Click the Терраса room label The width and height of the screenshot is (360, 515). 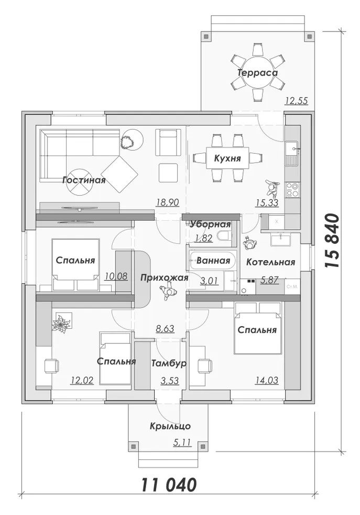click(258, 72)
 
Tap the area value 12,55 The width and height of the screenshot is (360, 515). click(297, 101)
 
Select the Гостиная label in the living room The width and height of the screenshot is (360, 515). click(84, 180)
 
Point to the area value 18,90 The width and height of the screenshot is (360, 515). click(167, 202)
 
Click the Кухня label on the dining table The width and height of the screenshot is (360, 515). click(227, 158)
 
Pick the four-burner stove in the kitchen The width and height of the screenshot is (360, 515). click(292, 189)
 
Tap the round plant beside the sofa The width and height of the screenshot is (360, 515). click(132, 140)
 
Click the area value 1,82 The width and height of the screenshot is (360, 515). click(204, 238)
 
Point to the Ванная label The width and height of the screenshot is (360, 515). click(213, 261)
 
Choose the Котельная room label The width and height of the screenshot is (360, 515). click(270, 262)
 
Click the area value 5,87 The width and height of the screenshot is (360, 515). click(269, 281)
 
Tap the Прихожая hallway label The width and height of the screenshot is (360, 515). click(165, 278)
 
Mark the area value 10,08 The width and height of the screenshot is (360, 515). click(116, 276)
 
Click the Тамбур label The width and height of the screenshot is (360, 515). click(169, 363)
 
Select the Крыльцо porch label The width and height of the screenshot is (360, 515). click(170, 426)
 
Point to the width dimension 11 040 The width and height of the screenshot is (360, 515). click(169, 485)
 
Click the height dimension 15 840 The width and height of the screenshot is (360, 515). click(332, 241)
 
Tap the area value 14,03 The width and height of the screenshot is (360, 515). click(267, 380)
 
